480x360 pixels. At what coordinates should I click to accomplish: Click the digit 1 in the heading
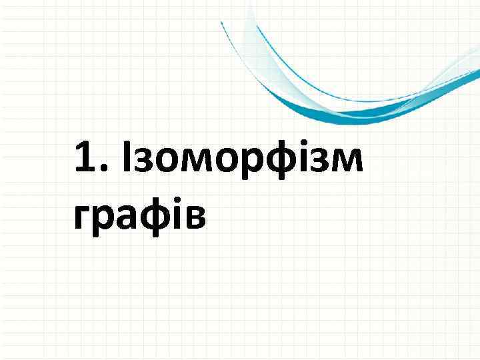pyautogui.click(x=85, y=158)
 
